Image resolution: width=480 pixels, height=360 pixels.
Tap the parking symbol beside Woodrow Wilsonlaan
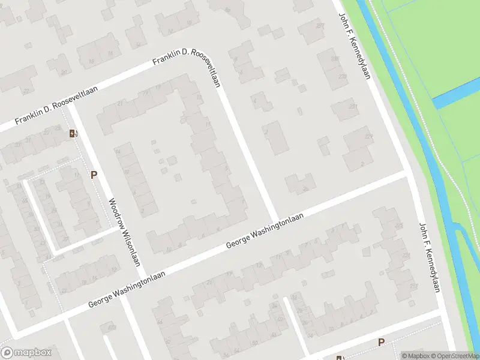94,175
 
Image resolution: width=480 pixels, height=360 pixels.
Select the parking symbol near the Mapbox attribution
381,342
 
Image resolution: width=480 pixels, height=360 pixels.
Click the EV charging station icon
73,134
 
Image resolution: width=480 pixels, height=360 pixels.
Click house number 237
320,26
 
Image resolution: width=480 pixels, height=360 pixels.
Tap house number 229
368,137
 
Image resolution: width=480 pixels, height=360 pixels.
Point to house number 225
398,226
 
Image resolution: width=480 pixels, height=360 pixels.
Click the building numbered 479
110,328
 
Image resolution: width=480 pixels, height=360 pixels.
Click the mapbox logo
26,353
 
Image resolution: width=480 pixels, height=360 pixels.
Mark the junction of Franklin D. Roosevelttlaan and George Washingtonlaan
276,219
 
